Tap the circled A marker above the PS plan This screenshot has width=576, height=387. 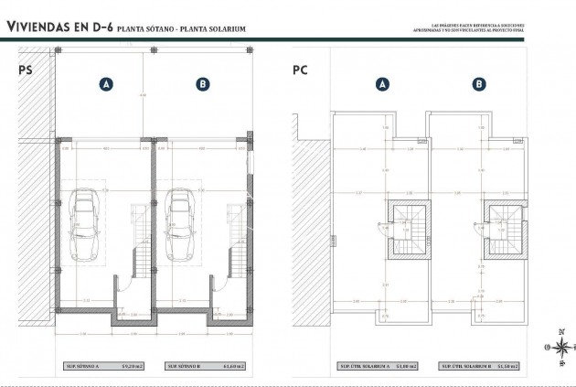pyautogui.click(x=106, y=84)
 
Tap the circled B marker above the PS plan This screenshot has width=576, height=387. pyautogui.click(x=202, y=84)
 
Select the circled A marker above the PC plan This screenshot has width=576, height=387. pyautogui.click(x=381, y=84)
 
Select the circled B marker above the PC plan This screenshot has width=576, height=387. pyautogui.click(x=478, y=84)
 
